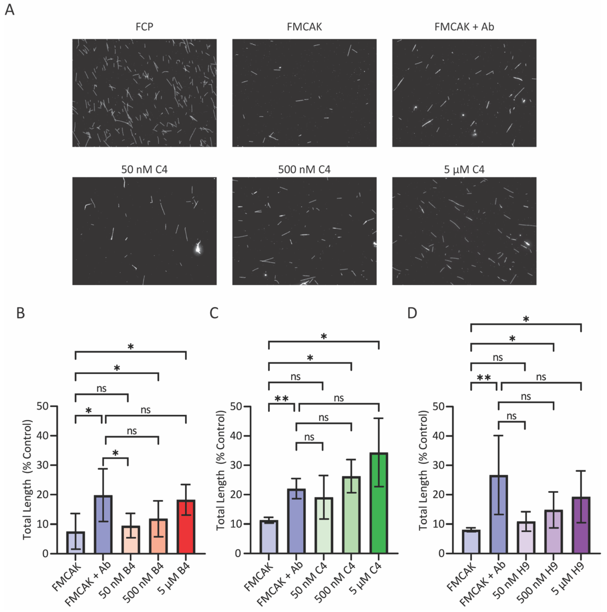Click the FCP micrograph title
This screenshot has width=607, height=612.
tap(144, 27)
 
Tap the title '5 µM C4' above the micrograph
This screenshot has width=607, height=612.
tap(464, 170)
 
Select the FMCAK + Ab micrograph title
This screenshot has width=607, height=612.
tap(464, 27)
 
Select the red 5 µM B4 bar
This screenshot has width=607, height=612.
tap(186, 527)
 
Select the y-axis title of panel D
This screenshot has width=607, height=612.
tap(423, 470)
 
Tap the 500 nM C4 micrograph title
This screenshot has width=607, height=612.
tap(304, 170)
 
